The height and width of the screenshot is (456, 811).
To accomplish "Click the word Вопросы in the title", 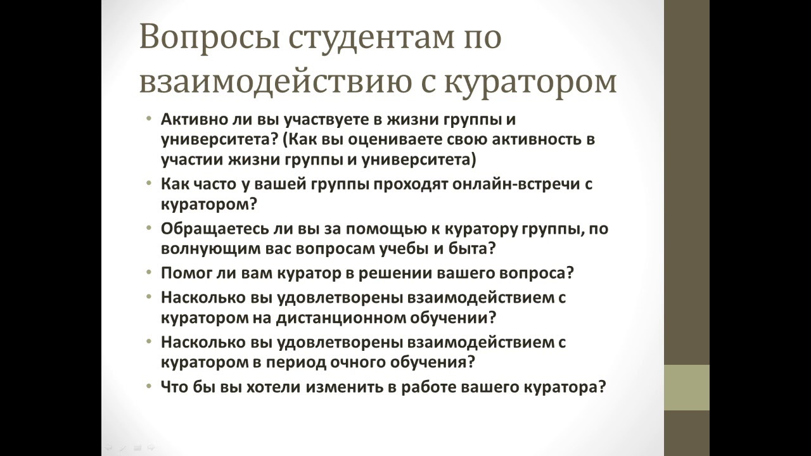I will pos(208,38).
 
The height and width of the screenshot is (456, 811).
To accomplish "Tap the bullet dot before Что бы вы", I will pos(148,386).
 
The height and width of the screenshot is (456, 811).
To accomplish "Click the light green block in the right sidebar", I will pos(686,388).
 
